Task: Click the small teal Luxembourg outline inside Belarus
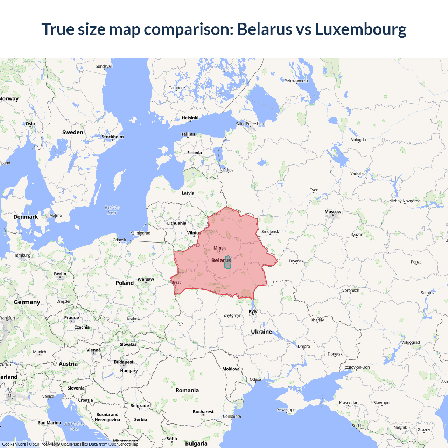227,262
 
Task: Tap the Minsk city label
220,248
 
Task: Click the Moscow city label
332,212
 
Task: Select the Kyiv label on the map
253,311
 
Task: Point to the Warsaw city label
146,279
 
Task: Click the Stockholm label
113,136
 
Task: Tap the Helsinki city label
190,118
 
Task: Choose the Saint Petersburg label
251,124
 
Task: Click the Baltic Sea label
112,210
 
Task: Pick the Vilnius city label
194,233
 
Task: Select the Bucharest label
203,412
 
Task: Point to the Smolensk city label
270,231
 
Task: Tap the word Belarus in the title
265,29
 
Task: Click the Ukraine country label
261,331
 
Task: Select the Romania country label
187,390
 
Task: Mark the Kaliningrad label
140,233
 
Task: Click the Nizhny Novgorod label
405,201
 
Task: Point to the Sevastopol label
287,409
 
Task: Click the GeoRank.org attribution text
14,444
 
